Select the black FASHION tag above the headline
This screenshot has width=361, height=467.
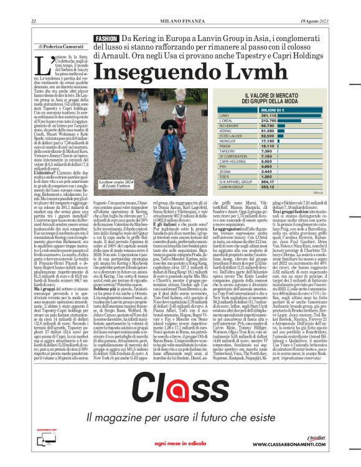click(x=106, y=39)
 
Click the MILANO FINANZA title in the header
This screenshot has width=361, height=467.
click(x=180, y=22)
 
